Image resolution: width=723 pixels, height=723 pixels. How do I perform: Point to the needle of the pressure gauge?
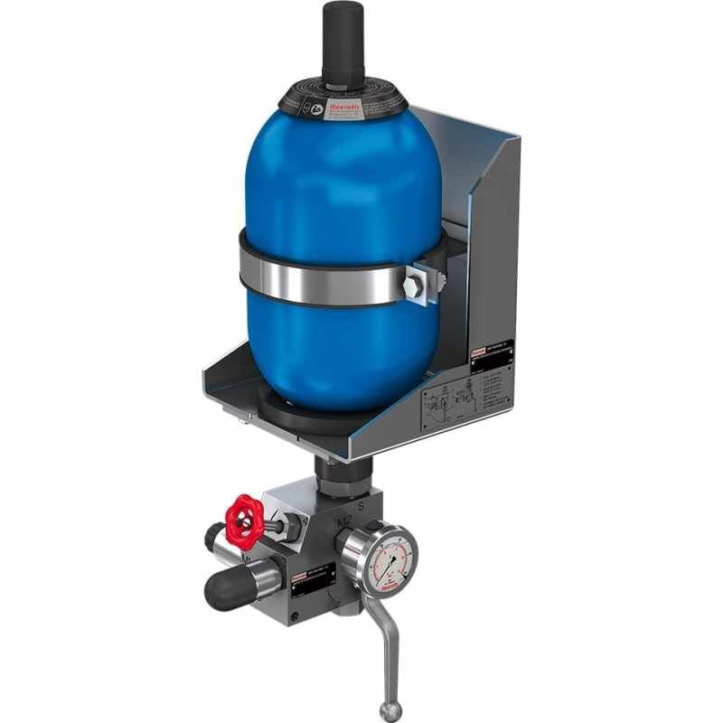pos(392,564)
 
